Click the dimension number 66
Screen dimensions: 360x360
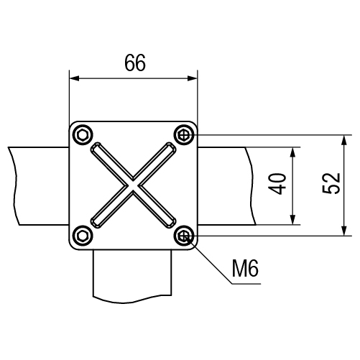coord(135,63)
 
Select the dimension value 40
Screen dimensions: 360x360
coord(277,184)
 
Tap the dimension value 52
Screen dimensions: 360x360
coord(331,183)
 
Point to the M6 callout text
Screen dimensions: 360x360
coord(245,268)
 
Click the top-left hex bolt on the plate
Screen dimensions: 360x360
coord(83,135)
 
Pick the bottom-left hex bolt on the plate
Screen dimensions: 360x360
coord(83,236)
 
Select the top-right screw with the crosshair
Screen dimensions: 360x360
coord(184,135)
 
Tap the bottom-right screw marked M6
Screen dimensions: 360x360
coord(184,236)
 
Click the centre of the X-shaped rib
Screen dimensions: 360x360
coord(133,185)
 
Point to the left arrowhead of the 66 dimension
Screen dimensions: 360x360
coord(74,78)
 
